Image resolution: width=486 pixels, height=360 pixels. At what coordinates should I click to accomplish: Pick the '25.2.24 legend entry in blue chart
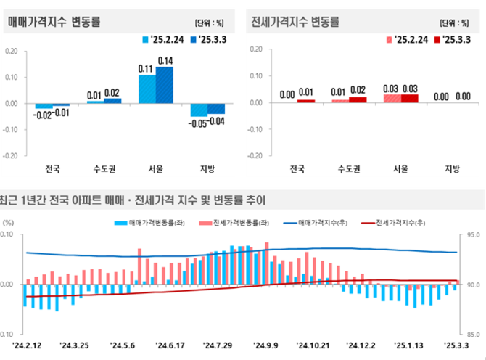(x=163, y=39)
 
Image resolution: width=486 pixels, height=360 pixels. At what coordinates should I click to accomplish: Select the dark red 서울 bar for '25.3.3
(x=411, y=98)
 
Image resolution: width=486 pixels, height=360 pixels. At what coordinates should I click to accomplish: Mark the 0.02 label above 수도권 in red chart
(x=358, y=90)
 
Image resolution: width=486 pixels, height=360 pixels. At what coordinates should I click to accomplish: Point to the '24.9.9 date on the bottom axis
(x=266, y=345)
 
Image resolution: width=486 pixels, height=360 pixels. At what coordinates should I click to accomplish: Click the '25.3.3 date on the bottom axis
(x=456, y=345)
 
